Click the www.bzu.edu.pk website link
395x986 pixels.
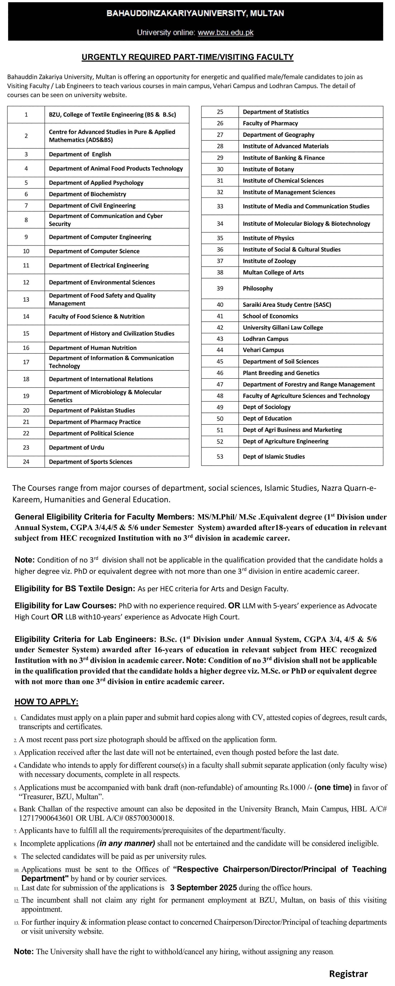(225, 33)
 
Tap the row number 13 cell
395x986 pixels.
(26, 299)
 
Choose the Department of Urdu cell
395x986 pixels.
(76, 448)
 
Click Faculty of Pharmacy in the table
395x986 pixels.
(270, 123)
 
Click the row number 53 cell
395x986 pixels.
(220, 457)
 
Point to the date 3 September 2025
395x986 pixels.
(203, 888)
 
